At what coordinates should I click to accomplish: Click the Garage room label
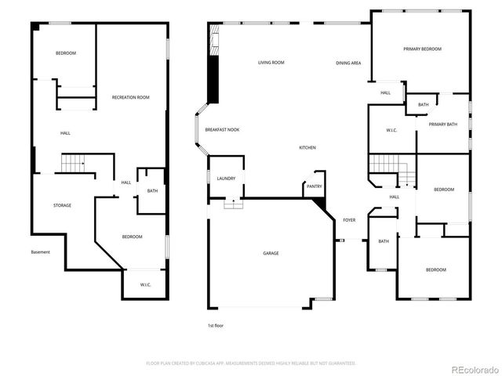pos(271,253)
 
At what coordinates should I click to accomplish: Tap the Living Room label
pos(271,63)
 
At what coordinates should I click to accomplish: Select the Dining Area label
pos(348,63)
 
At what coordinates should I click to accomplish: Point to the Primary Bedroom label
pos(422,49)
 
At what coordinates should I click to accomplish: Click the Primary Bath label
pos(442,124)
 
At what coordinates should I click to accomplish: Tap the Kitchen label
pos(307,148)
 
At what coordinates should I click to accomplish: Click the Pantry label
pos(314,186)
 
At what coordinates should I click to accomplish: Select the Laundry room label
pos(226,179)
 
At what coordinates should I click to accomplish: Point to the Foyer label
pos(349,220)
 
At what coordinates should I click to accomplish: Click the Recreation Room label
pos(130,97)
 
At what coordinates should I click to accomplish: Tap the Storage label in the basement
pos(62,205)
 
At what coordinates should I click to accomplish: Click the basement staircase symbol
pos(74,164)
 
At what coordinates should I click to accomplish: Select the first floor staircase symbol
pos(385,164)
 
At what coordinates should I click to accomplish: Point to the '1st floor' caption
pos(216,324)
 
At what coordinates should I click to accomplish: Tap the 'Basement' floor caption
pos(40,251)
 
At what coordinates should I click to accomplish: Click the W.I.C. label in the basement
pos(145,284)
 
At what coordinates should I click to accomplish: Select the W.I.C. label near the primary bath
pos(391,130)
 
